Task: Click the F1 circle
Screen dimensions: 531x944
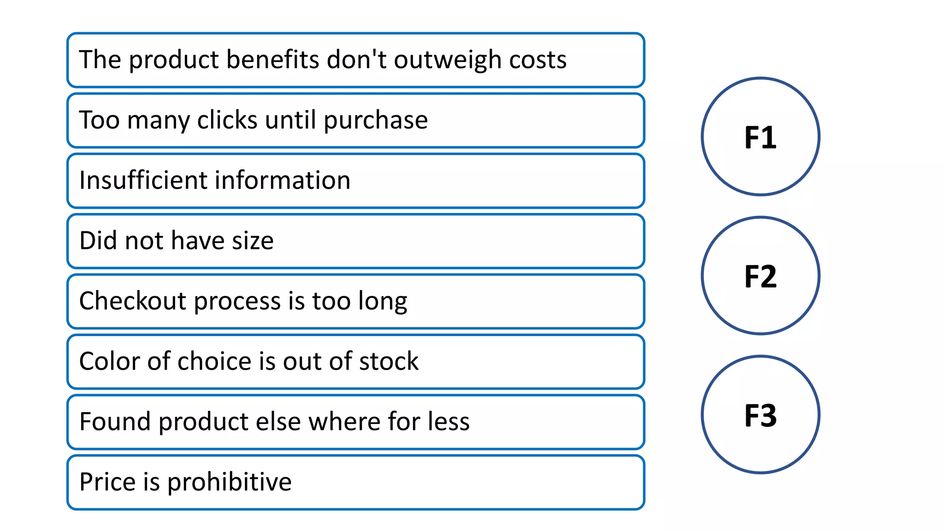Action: tap(760, 137)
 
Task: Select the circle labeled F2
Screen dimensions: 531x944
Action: tap(760, 276)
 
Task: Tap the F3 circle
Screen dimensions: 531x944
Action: tap(760, 415)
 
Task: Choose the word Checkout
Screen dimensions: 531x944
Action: tap(133, 301)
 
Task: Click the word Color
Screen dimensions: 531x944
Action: tap(110, 361)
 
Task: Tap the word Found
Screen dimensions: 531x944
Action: tap(115, 421)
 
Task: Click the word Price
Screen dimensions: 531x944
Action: tap(108, 482)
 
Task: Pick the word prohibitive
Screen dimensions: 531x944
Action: tap(229, 482)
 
